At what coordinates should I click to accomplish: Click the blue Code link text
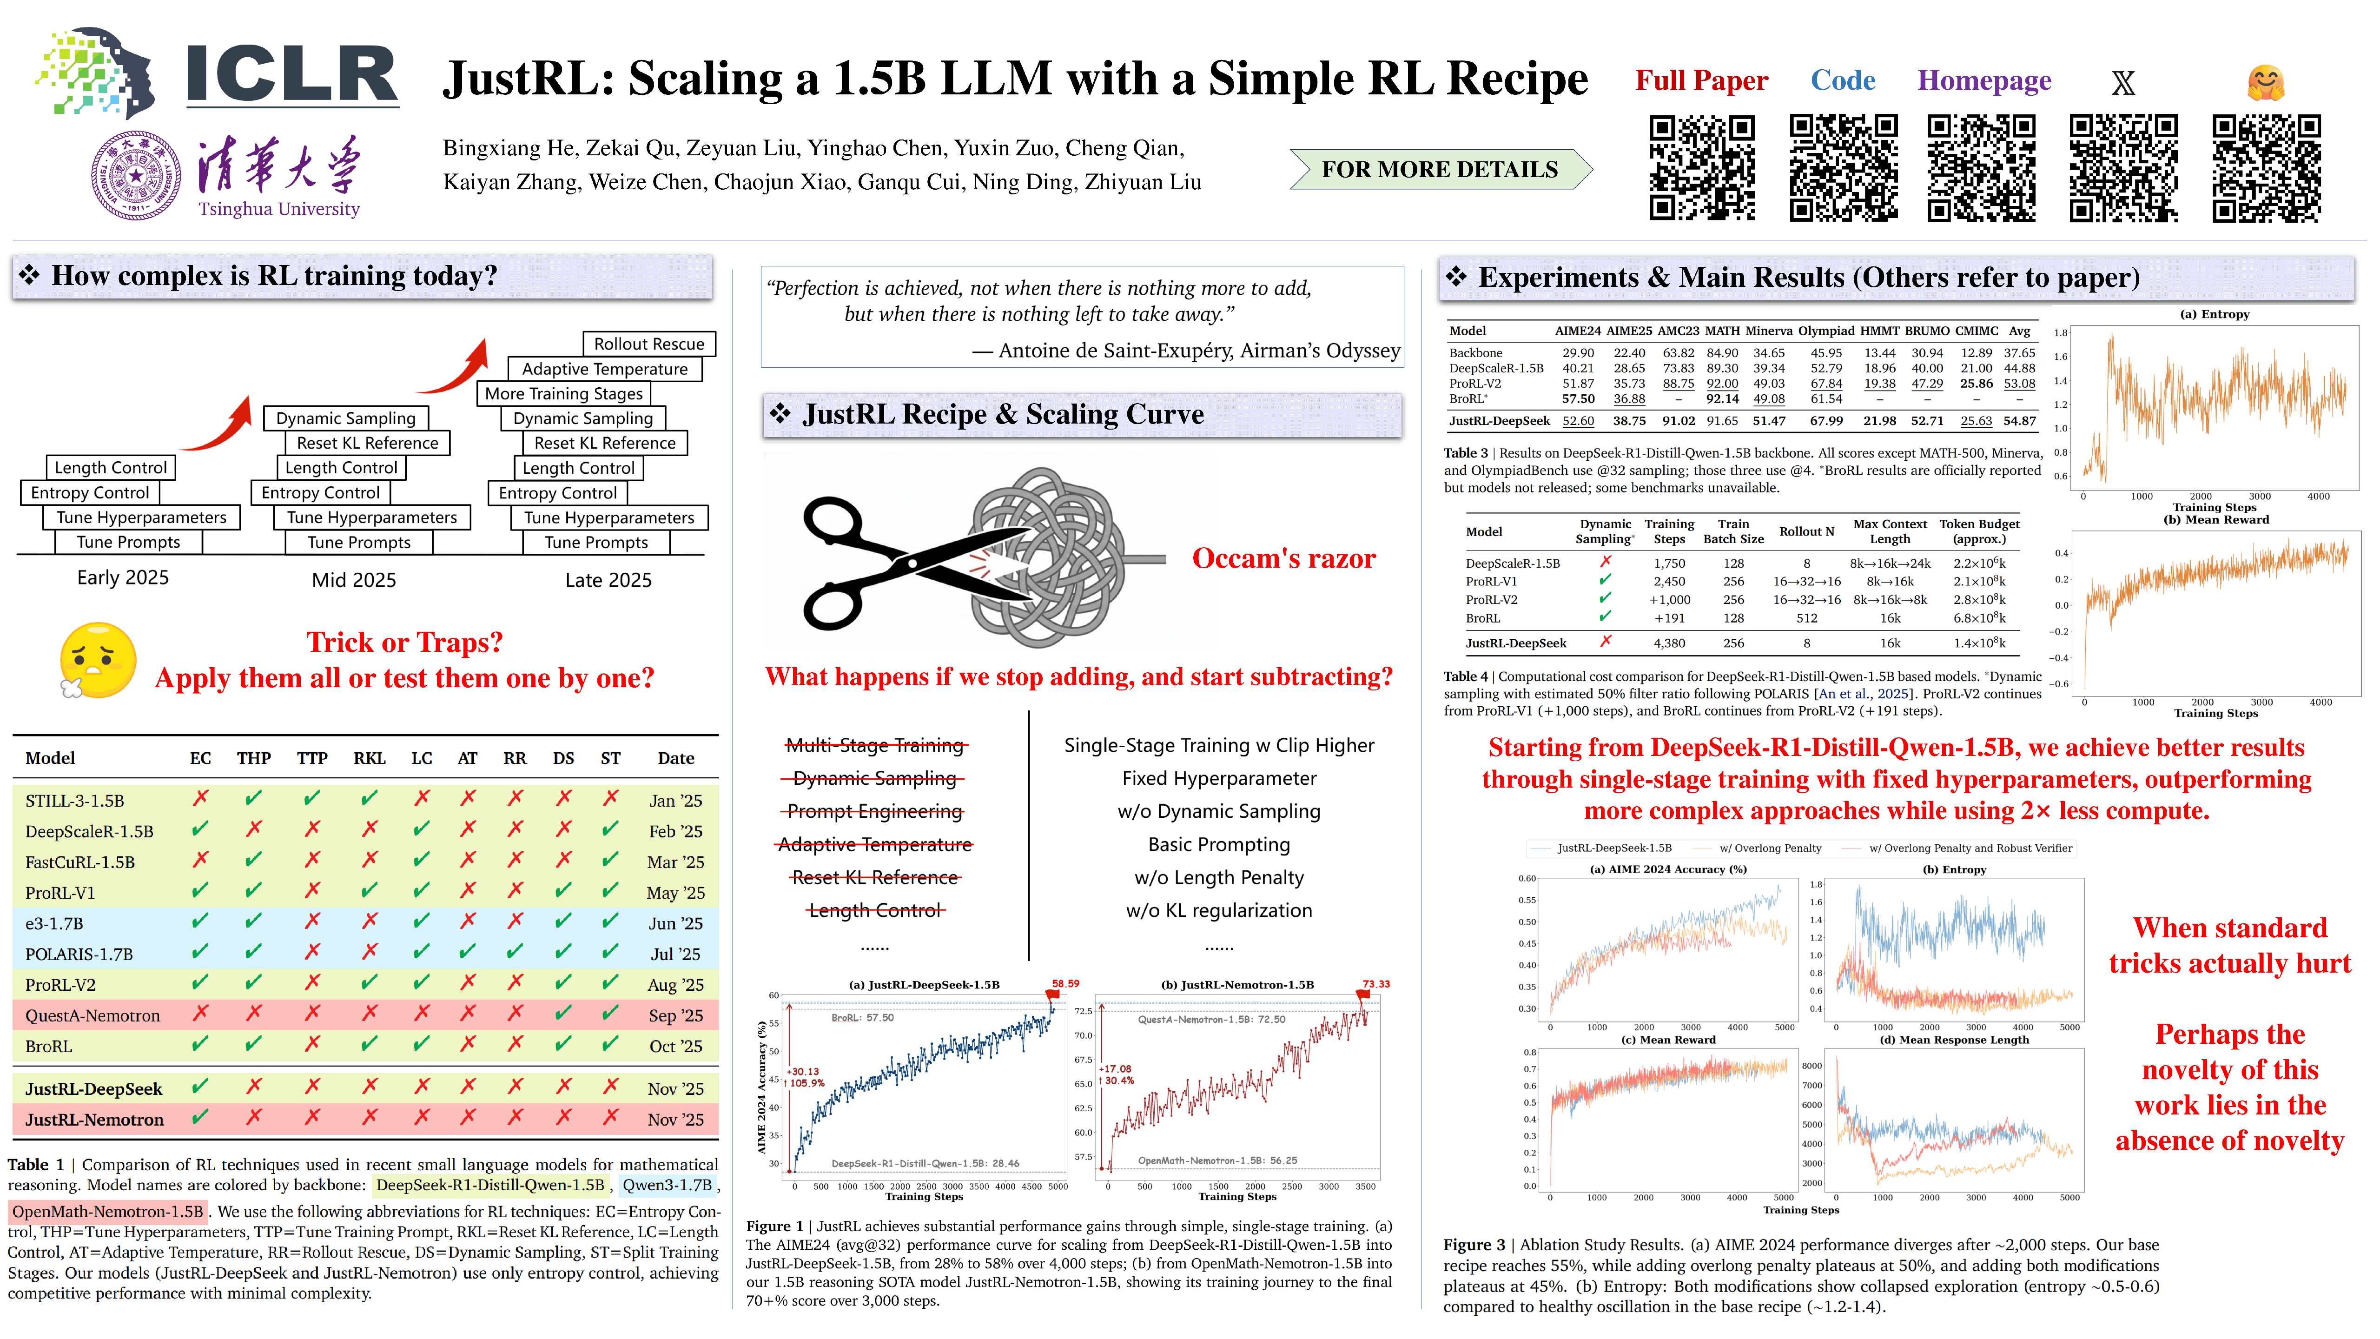pos(1842,81)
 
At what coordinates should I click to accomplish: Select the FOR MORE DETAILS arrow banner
pos(1440,169)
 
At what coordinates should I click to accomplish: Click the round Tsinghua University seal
pos(136,176)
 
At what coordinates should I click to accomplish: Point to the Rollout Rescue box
pos(648,344)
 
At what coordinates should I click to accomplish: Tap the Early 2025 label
pos(123,577)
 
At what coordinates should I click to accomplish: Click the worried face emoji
pos(98,660)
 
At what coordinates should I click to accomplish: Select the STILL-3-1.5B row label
pos(75,800)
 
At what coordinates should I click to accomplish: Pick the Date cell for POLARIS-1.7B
pos(675,954)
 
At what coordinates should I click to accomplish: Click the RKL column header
pos(369,758)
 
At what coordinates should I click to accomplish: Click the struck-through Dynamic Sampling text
pos(874,778)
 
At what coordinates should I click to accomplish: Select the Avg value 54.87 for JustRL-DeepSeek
pos(2020,420)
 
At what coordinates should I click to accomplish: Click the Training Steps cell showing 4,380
pos(1669,643)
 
